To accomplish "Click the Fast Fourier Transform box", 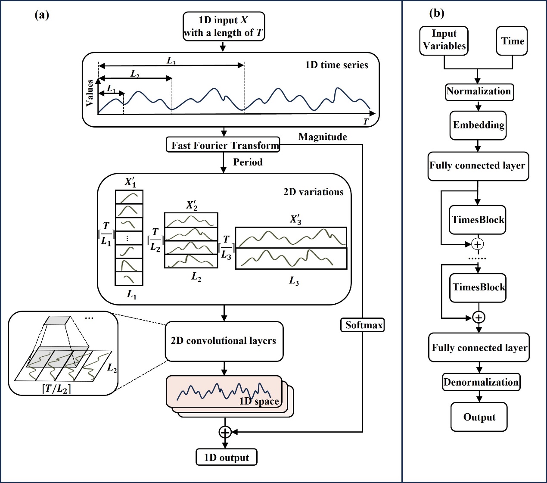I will (x=223, y=145).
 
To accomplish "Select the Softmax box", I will (x=363, y=325).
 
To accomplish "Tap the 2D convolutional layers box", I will (x=224, y=341).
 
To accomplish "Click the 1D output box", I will (x=226, y=457).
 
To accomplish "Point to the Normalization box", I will (x=479, y=92).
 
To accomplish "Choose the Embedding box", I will (x=478, y=125).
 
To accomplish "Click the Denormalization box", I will (x=481, y=382).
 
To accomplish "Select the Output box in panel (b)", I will (x=479, y=417).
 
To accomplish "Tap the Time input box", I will (x=512, y=41).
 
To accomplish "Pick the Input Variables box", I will (x=444, y=40).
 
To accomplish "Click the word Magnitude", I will (x=323, y=137).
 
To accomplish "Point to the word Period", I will (x=248, y=162).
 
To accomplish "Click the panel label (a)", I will (x=42, y=15).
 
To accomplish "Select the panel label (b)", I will (x=437, y=13).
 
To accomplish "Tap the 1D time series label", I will (x=336, y=65).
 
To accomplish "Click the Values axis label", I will (x=90, y=93).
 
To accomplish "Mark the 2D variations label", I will (x=313, y=192).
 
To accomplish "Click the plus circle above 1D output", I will (x=225, y=431).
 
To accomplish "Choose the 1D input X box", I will (x=224, y=26).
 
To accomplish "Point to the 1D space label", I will (x=259, y=401).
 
